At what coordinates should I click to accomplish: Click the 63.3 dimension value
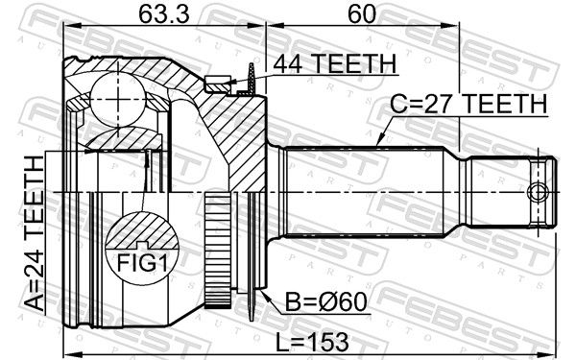(164, 14)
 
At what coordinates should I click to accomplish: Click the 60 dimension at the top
(362, 14)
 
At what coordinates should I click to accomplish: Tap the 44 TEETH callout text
(335, 64)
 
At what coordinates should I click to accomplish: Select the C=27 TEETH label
(468, 104)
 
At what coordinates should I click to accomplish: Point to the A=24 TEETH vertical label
(34, 233)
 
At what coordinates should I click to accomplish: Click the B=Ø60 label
(326, 302)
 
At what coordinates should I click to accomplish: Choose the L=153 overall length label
(312, 342)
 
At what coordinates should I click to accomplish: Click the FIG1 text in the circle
(142, 263)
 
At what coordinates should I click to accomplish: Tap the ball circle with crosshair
(118, 99)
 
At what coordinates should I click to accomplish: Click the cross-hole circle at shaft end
(538, 192)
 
